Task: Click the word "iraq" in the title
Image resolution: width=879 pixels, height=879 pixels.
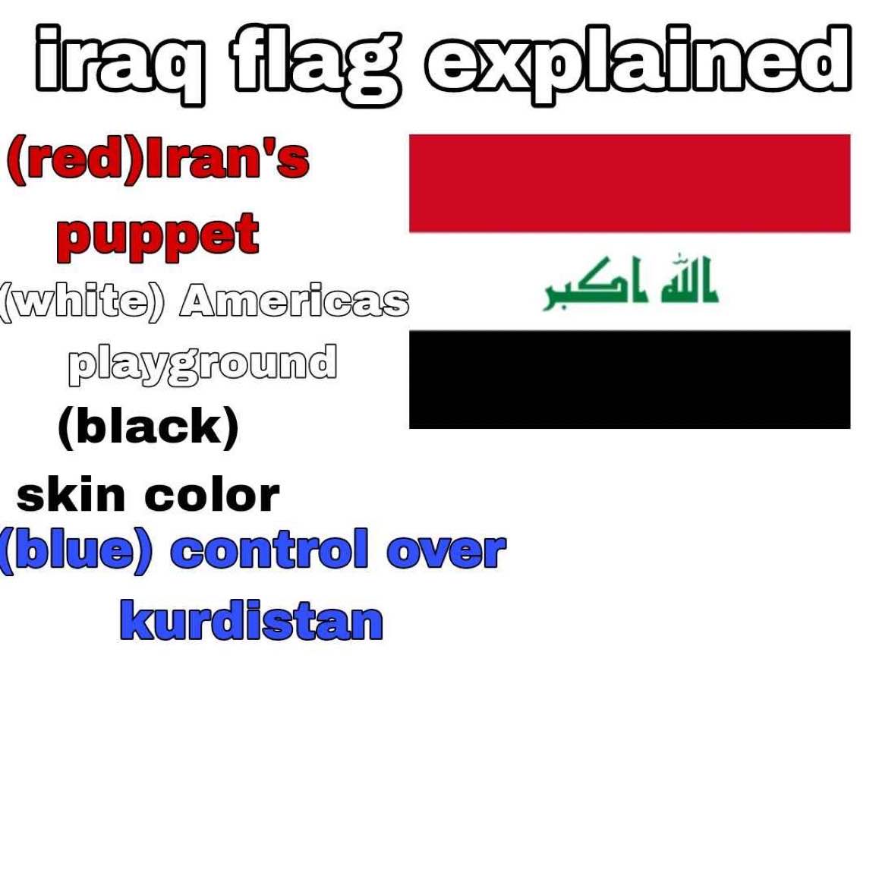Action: (x=119, y=65)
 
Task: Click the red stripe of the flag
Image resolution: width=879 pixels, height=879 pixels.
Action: (x=629, y=183)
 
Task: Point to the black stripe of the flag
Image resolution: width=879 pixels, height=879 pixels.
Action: (x=629, y=380)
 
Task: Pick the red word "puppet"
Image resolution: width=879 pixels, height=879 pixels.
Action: (x=158, y=237)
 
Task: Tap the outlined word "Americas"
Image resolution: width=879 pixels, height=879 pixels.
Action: (x=295, y=301)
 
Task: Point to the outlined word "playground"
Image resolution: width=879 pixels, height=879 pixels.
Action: (x=203, y=365)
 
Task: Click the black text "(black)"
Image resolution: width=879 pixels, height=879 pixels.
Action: (x=149, y=427)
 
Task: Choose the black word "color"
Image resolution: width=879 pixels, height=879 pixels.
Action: (x=212, y=496)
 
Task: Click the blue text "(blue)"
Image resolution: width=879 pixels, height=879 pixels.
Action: (x=76, y=551)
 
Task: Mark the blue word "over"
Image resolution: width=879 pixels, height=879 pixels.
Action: (x=446, y=552)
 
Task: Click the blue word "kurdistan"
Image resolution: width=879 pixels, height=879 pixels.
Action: (x=252, y=620)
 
